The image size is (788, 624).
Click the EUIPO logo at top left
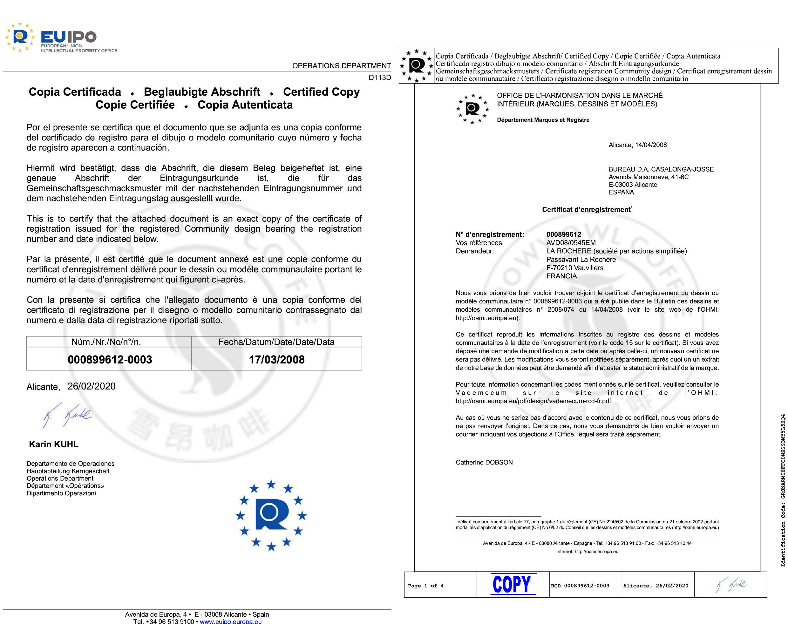point(60,37)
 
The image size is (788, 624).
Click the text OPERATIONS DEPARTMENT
point(341,66)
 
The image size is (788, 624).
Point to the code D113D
point(380,78)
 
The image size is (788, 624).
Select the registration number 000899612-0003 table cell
point(110,359)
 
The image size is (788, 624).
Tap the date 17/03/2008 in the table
point(276,359)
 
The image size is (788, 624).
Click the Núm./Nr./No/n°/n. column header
point(106,342)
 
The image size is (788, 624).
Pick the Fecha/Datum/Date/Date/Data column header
point(276,342)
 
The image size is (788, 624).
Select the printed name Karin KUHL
point(54,444)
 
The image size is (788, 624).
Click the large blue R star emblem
point(271,515)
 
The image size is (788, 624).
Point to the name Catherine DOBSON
point(484,463)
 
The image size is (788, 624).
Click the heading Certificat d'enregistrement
point(587,210)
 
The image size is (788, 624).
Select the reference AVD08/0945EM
point(571,243)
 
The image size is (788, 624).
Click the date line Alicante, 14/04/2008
point(637,145)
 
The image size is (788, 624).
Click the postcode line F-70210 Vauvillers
point(575,268)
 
